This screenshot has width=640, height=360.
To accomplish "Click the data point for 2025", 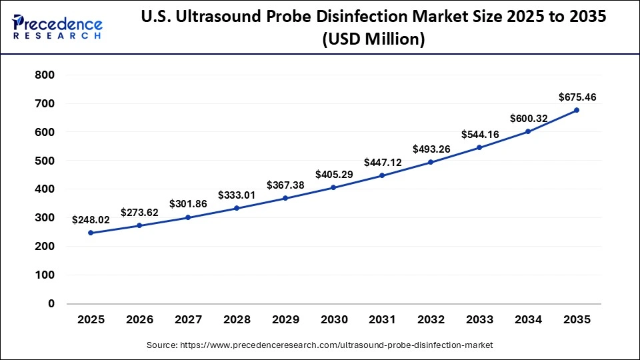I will click(91, 233).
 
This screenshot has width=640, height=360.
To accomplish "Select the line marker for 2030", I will click(333, 187).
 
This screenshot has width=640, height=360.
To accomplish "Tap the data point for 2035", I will click(577, 110).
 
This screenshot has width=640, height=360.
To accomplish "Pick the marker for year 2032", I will click(431, 162).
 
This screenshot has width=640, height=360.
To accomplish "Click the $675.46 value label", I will click(577, 97).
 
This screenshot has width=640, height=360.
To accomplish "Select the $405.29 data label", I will click(333, 174).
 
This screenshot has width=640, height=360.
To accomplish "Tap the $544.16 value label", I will click(479, 134).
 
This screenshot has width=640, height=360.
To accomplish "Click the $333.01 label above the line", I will click(237, 195).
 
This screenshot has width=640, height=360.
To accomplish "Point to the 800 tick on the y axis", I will click(44, 75).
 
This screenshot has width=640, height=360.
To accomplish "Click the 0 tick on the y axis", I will click(51, 303).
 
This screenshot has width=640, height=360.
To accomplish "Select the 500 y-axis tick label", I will click(44, 161).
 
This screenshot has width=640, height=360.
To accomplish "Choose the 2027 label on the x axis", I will click(188, 320).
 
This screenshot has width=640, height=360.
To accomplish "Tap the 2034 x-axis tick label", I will click(528, 320).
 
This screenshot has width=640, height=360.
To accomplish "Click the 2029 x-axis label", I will click(285, 320).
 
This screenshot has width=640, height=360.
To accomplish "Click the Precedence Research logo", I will click(57, 27).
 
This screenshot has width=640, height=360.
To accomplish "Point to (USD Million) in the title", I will click(373, 39).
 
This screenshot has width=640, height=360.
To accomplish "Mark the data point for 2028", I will click(237, 208).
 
